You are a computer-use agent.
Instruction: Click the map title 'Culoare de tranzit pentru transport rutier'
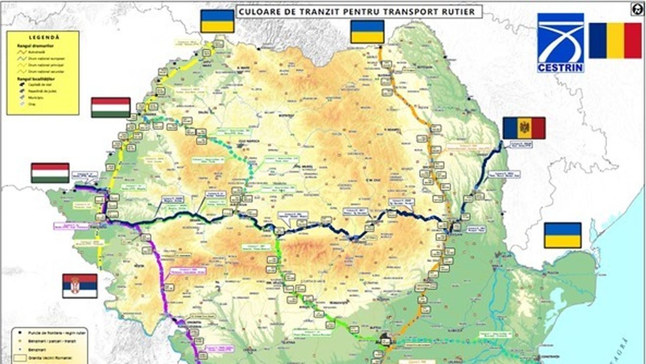[359, 11]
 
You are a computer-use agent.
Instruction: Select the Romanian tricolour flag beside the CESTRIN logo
[615, 41]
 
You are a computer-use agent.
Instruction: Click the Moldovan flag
[524, 128]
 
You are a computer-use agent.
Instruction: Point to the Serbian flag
[80, 286]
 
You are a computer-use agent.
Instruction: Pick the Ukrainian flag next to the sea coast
[563, 235]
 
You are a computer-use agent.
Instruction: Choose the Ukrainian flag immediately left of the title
[217, 21]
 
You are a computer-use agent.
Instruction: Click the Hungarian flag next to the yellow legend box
[111, 107]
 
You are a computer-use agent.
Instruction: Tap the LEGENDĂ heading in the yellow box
[44, 37]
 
